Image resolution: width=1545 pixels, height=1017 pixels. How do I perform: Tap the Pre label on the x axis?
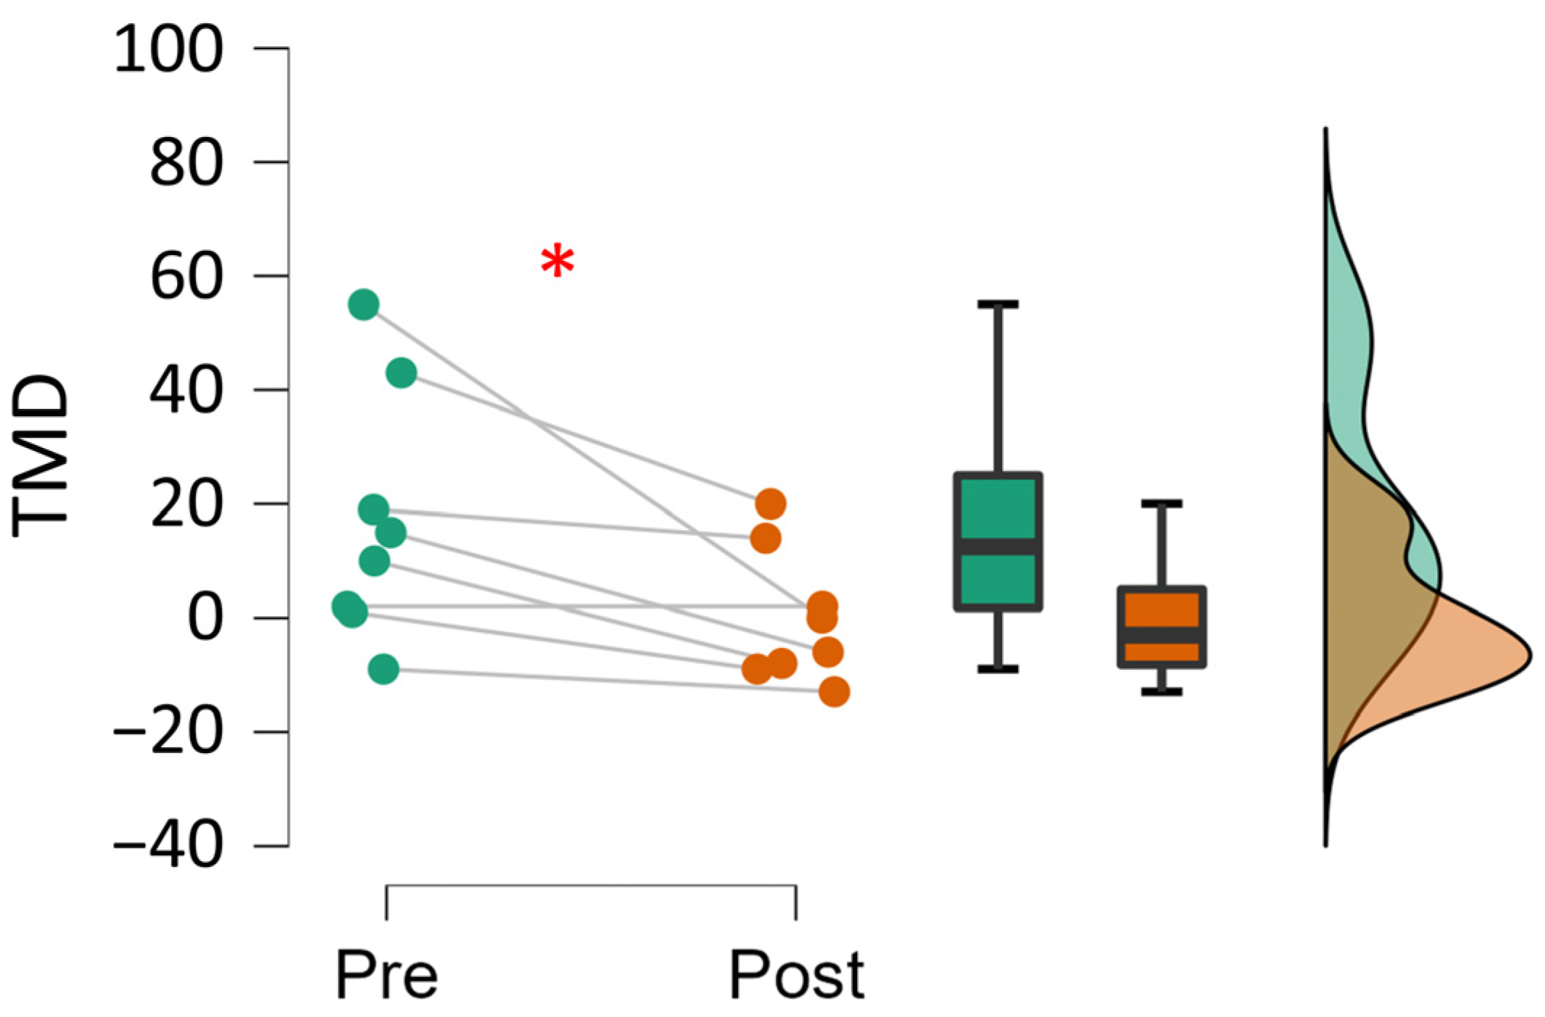pos(386,976)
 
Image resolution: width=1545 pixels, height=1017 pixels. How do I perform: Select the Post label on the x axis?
pos(796,976)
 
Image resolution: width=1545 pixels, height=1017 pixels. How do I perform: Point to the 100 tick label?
pos(168,49)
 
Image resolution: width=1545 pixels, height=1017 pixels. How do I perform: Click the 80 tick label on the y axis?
pos(186,163)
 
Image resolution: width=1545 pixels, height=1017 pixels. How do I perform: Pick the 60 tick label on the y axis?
pos(186,277)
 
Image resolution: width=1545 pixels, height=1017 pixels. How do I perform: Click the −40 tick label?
pos(168,845)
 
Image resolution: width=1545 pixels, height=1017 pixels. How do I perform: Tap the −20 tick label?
pos(168,731)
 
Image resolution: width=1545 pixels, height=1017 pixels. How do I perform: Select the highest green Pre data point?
pos(363,304)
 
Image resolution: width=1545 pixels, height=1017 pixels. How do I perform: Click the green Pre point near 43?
pos(401,373)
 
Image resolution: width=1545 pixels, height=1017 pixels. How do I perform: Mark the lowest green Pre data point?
pos(384,668)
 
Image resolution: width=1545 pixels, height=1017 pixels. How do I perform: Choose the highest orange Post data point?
pos(770,504)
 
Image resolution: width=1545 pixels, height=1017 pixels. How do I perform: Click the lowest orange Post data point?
pos(834,692)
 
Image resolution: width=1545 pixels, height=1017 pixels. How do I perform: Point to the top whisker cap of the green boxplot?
pos(998,304)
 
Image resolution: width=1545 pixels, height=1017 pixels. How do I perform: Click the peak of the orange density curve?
pos(1528,656)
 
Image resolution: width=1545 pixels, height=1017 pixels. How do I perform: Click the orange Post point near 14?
pos(765,539)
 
